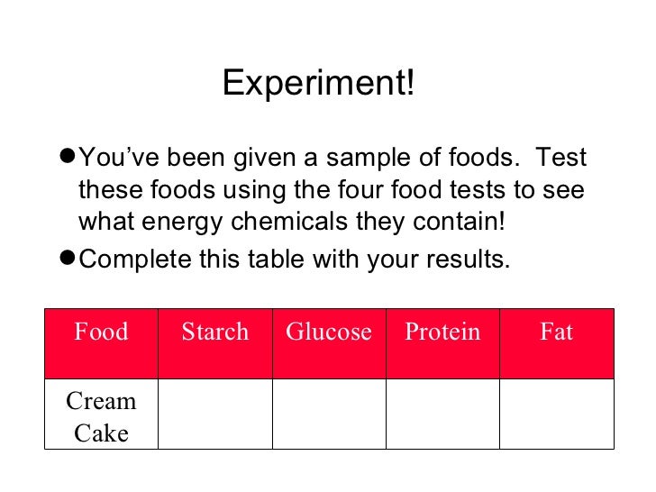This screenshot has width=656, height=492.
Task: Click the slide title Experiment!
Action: [x=319, y=85]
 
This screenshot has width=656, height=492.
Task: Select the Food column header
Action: [x=101, y=333]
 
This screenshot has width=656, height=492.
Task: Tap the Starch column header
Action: [x=214, y=333]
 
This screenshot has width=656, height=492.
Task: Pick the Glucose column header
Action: [x=328, y=333]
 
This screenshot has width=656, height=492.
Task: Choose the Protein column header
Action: [x=442, y=333]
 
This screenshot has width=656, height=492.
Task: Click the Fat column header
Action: [x=556, y=333]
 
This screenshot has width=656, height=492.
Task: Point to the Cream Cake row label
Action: [x=101, y=417]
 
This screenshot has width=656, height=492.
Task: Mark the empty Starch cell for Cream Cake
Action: [x=214, y=413]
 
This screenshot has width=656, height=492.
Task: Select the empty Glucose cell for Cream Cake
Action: [x=329, y=413]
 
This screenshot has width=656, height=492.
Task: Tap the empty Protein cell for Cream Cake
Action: [x=442, y=413]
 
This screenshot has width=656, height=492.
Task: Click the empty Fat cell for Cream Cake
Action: [x=557, y=413]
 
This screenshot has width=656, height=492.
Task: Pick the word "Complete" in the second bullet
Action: [x=135, y=260]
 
